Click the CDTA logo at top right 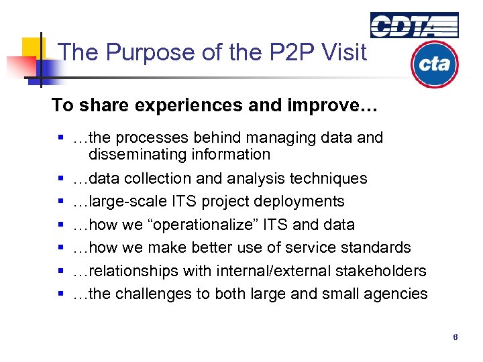point(414,25)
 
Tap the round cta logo point(434,64)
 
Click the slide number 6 point(455,337)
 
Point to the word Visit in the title point(343,52)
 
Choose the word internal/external point(266,271)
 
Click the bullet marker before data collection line point(60,179)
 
